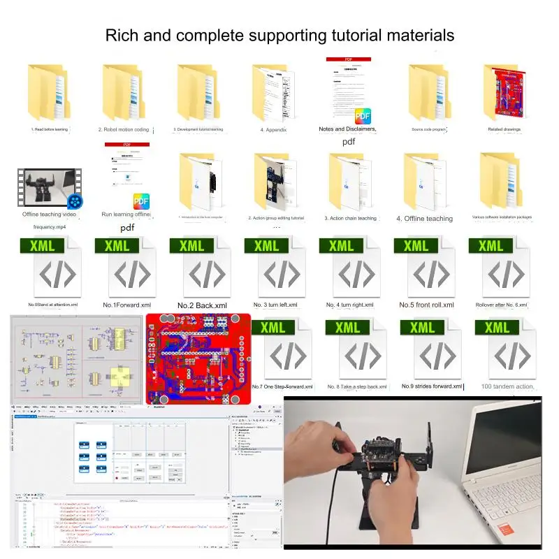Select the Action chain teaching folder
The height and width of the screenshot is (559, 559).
(349, 182)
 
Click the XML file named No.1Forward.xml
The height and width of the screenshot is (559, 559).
(127, 269)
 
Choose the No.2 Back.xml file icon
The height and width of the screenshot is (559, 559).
(202, 269)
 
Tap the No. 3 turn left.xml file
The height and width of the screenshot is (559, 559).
(276, 269)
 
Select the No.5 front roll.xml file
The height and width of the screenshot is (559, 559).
(426, 269)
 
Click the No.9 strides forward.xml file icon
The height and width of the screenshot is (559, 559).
(432, 349)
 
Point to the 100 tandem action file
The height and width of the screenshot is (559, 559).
(507, 349)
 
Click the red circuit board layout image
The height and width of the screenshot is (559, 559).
(198, 358)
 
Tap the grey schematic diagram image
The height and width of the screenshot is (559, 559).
(75, 358)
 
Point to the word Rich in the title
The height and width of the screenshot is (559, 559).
(122, 34)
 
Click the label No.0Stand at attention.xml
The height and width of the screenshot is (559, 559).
(52, 305)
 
